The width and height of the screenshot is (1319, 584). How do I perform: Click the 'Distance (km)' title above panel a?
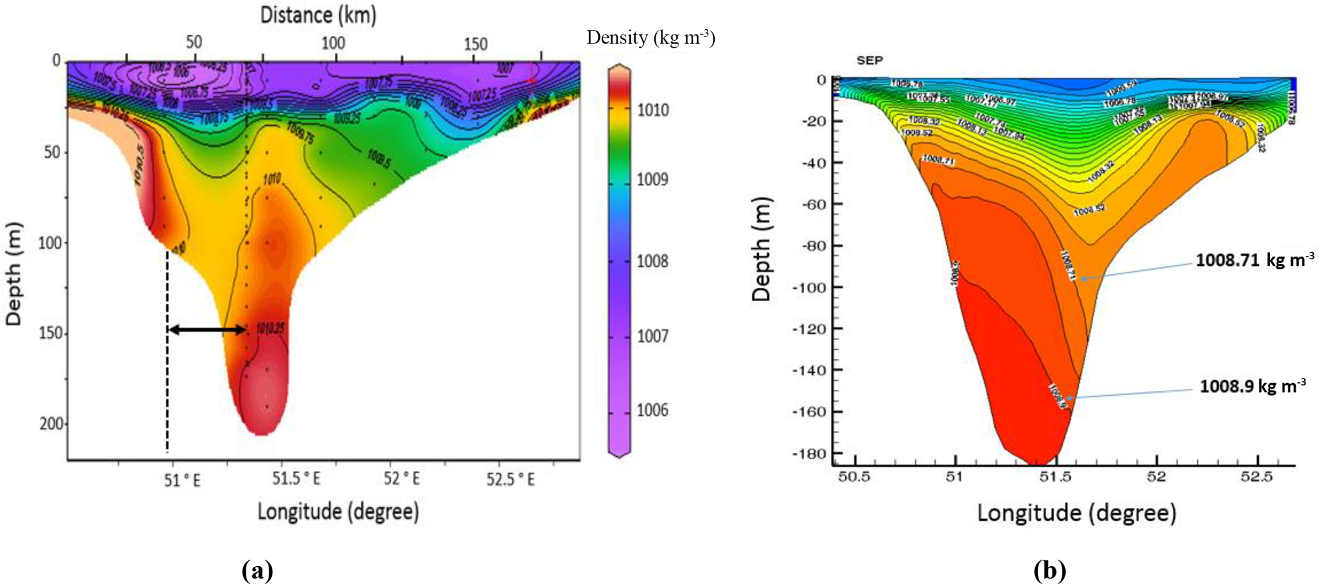pos(318,15)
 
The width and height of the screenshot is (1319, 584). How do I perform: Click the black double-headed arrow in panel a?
pos(207,330)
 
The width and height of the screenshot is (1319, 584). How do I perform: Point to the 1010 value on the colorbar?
pos(653,110)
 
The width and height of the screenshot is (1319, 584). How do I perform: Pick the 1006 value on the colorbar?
pos(653,410)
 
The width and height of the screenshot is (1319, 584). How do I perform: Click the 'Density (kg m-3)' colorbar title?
pos(650,38)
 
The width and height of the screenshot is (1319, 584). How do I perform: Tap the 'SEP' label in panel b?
pos(870,61)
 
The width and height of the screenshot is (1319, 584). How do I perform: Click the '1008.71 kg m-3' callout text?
pos(1255,260)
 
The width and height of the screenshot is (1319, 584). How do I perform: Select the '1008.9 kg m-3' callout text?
pos(1253,387)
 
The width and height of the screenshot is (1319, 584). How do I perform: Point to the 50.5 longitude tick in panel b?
pos(854,477)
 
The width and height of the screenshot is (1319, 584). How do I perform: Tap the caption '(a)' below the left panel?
pos(258,570)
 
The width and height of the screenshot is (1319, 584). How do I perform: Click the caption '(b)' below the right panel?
pos(1050,570)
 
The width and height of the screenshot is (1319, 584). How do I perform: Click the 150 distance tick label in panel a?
pos(475,44)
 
